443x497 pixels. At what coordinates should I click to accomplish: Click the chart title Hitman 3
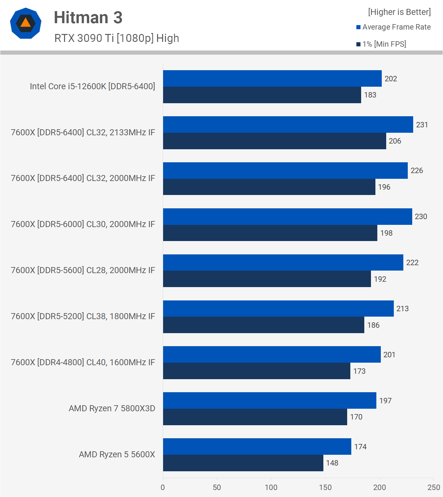(88, 17)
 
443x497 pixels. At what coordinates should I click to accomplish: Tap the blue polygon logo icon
(26, 23)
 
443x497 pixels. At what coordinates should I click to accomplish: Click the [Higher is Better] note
(399, 12)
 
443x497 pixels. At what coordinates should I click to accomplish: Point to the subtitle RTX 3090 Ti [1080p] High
(116, 38)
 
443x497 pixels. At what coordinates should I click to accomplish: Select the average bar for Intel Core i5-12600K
(272, 78)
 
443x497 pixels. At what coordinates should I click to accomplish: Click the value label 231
(422, 125)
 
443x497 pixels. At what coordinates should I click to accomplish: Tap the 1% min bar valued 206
(274, 141)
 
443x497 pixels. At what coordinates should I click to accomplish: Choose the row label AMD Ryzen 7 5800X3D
(112, 408)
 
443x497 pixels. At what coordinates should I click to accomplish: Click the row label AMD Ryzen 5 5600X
(117, 454)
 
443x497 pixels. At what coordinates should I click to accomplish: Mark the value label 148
(332, 463)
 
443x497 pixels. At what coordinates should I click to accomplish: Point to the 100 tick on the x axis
(271, 487)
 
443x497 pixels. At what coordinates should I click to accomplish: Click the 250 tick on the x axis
(433, 487)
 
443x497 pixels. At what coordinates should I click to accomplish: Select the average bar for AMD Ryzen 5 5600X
(257, 447)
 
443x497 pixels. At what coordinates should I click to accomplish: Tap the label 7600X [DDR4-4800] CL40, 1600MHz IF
(83, 362)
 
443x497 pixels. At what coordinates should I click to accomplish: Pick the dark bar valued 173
(256, 371)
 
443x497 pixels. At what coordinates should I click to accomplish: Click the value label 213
(402, 309)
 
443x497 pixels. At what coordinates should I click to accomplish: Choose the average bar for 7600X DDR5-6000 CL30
(288, 217)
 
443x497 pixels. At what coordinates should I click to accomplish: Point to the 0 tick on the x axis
(163, 487)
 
